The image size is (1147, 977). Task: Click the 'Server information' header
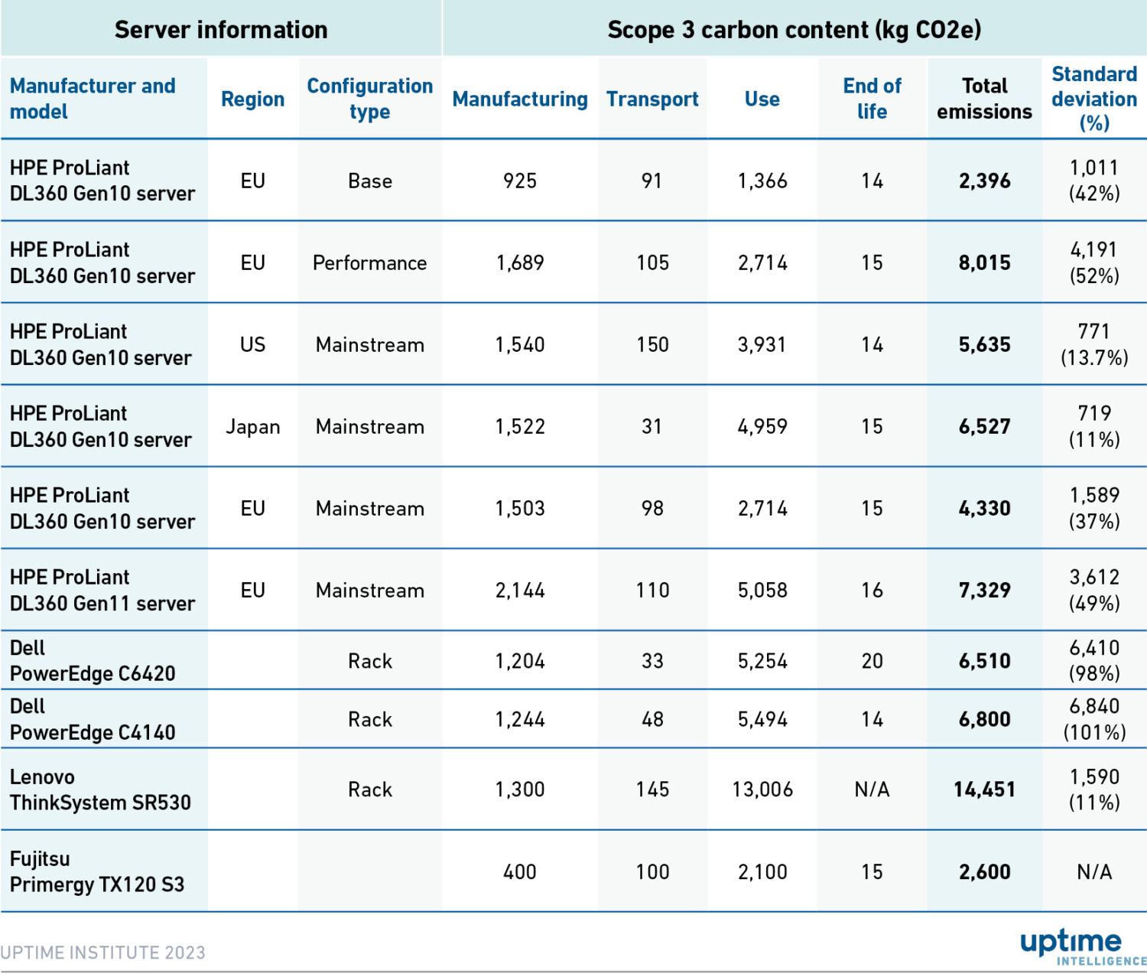click(221, 30)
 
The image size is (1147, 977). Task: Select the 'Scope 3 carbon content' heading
click(794, 30)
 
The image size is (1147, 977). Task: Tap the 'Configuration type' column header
click(370, 99)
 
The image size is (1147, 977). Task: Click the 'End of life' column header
click(872, 99)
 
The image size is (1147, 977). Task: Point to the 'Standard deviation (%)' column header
click(1094, 99)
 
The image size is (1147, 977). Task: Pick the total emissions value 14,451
click(984, 790)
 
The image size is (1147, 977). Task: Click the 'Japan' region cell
click(253, 427)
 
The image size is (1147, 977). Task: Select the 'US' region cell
click(253, 345)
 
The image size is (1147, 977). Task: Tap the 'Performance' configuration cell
click(370, 263)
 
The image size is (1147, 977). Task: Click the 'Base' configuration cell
click(370, 181)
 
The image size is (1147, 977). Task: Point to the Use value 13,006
click(762, 790)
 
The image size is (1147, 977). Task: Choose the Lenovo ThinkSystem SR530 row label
click(100, 790)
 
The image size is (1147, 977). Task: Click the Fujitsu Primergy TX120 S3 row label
click(97, 871)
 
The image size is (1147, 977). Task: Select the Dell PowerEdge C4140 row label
click(93, 719)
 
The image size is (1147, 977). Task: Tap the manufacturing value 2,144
click(520, 591)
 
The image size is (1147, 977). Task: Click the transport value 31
click(652, 427)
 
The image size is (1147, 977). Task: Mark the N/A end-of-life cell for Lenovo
click(872, 790)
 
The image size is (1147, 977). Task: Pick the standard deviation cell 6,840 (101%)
click(1094, 719)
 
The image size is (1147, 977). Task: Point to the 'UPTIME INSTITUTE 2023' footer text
click(103, 953)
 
